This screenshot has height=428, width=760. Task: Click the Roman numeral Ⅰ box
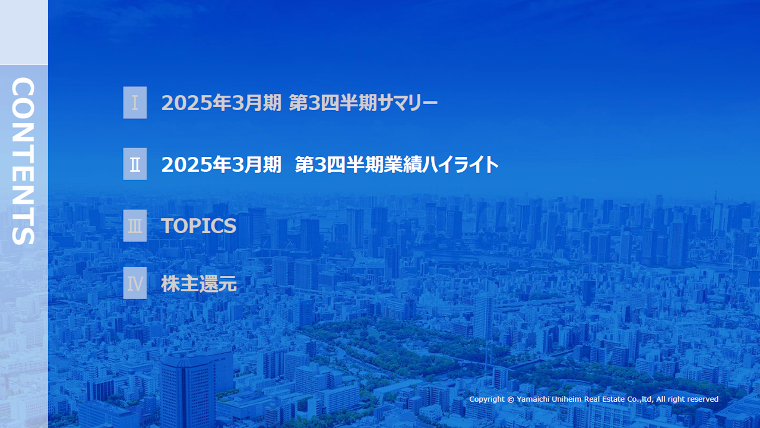[x=135, y=103]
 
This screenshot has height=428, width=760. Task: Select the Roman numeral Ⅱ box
[x=135, y=164]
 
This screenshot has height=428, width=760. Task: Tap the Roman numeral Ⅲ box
[x=135, y=226]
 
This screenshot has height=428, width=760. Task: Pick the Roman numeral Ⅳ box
[x=135, y=284]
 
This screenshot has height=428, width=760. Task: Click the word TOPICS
[x=198, y=226]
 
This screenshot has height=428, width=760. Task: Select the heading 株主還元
[x=199, y=284]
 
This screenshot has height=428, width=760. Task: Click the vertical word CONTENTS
[x=23, y=161]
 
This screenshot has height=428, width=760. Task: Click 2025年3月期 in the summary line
[x=221, y=103]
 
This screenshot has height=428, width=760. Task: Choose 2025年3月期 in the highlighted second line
[x=221, y=165]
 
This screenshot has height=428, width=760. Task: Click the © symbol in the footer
[x=511, y=399]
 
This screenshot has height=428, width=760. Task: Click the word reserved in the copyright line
[x=702, y=399]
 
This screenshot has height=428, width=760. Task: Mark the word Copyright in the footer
[x=487, y=399]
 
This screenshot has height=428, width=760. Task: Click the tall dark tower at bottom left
[x=189, y=389]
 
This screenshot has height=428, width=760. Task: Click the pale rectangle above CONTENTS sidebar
[x=24, y=32]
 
